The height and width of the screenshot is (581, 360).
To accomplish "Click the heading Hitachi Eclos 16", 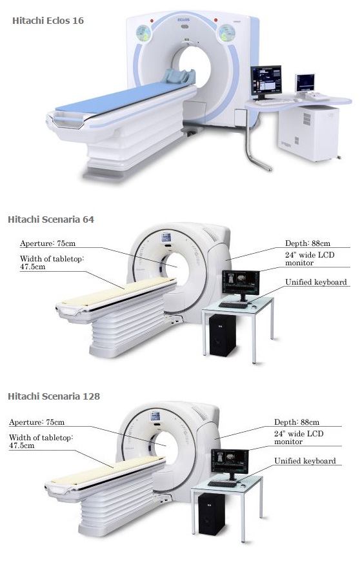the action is pos(48,21).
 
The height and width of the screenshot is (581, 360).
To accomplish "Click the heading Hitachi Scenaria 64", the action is pos(51,219).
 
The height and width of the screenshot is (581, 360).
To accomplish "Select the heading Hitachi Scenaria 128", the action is pos(54,396).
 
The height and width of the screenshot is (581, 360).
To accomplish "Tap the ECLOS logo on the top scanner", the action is pos(183,19).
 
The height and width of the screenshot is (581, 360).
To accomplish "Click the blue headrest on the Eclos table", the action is pos(179,76).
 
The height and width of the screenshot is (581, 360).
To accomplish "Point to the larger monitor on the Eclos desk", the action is pos(266,81).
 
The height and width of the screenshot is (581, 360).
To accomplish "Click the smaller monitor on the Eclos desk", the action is pos(305,83).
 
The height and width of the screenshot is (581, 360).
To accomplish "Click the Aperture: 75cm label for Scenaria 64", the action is pos(48,243).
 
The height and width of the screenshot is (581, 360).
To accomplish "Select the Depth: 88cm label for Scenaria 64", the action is pos(307,243).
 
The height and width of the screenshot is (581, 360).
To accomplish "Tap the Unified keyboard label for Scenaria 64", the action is pos(316,282).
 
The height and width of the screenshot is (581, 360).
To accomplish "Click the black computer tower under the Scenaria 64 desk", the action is pos(222,335).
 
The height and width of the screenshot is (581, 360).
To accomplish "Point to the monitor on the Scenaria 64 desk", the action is pos(241,285).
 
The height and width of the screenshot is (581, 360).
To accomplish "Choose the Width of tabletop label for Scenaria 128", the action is pos(41,442).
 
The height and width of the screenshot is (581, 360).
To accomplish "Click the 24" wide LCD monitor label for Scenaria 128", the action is pos(299,438).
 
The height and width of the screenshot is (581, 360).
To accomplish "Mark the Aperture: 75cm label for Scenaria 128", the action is pos(37,422).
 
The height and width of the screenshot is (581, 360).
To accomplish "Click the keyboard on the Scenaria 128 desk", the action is pos(222,484).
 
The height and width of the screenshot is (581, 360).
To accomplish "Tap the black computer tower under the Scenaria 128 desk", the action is pos(212,515).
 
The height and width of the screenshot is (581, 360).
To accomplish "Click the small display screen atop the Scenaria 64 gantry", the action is pos(166,237).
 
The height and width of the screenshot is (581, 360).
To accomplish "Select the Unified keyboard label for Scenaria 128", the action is pos(305,461).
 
